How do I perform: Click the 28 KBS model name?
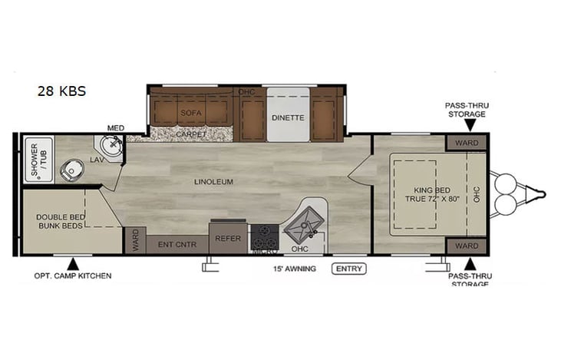(x=61, y=91)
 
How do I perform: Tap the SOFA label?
(x=190, y=112)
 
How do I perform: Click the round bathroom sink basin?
(x=111, y=145)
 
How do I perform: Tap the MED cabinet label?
(x=115, y=127)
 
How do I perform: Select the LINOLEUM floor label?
(x=214, y=182)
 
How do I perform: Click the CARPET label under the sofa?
(x=191, y=134)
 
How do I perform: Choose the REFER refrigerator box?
(x=228, y=237)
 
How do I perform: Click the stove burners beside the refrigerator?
(x=266, y=233)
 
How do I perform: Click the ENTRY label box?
(x=349, y=269)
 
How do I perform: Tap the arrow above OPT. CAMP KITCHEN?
(x=73, y=263)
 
